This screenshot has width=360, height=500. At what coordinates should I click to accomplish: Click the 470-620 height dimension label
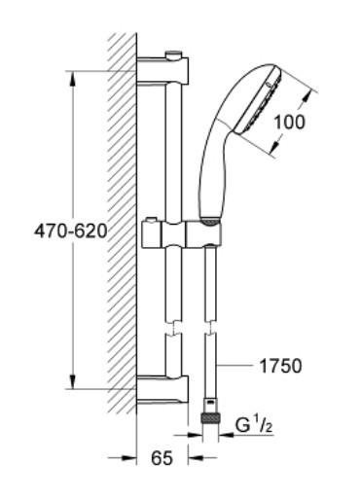(71, 232)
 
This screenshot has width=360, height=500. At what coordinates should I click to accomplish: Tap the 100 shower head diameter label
(290, 123)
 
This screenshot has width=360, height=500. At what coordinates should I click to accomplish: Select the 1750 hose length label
(280, 366)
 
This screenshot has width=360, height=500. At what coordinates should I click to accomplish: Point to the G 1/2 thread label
(254, 425)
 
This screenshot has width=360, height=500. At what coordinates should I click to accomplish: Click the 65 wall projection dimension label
(162, 458)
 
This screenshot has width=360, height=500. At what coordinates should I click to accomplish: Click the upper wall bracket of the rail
(162, 71)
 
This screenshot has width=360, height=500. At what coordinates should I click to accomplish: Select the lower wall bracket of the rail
(162, 389)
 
